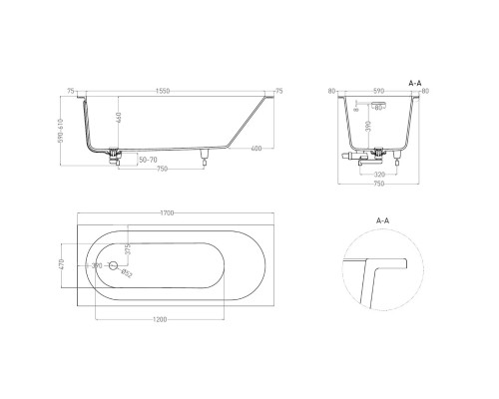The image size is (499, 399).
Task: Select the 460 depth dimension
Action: point(120,122)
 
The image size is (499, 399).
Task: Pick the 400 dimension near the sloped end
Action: point(257,149)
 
